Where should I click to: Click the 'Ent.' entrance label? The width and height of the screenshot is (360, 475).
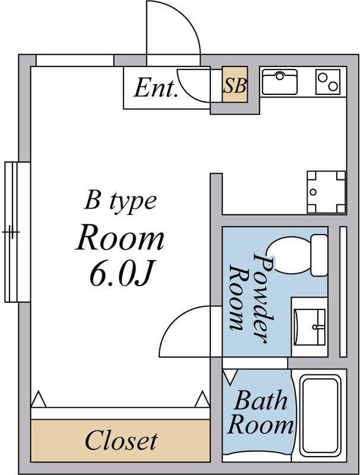coord(156,88)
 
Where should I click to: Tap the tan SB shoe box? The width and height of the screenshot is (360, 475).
coord(235,87)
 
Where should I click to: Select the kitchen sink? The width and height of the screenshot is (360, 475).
coord(279,82)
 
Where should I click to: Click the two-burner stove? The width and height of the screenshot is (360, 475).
coord(328,82)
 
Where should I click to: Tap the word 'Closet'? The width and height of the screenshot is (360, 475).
coord(121,441)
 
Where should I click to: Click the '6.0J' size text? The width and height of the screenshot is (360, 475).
coord(119,274)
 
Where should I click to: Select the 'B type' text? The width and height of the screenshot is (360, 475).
coord(120,201)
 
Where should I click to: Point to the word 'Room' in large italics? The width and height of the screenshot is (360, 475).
coord(119,238)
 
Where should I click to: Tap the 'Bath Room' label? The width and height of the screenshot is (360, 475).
coord(260,413)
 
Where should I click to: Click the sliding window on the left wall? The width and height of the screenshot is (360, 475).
coord(17,232)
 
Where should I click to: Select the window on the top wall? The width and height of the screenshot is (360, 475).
coord(75,60)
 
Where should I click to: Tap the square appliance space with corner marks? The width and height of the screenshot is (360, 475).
coord(326,192)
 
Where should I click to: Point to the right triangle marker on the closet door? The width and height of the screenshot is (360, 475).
coord(203,398)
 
